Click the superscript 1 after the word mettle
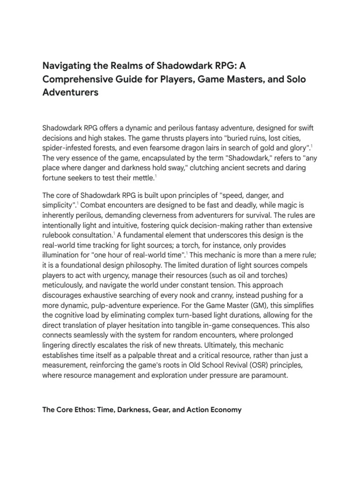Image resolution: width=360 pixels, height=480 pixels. [169, 176]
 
